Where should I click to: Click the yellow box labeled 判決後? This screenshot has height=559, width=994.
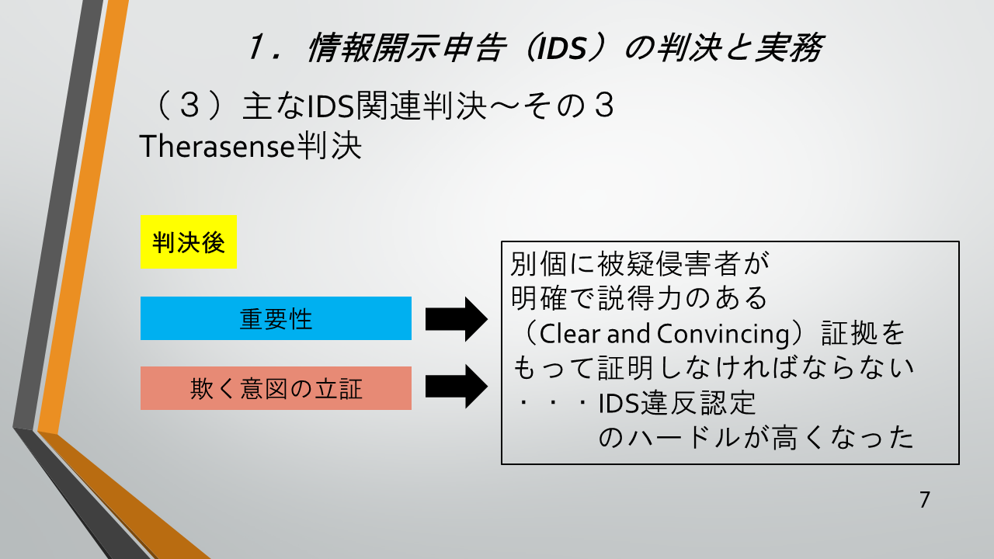pos(189,243)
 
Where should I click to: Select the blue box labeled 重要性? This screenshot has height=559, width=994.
pos(276,318)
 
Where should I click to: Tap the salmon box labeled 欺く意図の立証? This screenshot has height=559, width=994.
pos(276,388)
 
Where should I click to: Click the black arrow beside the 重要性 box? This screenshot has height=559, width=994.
pos(456,318)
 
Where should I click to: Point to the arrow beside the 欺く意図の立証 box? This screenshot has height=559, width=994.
pos(456,386)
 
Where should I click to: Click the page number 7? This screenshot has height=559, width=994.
pos(924,500)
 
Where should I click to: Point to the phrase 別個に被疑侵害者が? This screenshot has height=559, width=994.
pos(639,265)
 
